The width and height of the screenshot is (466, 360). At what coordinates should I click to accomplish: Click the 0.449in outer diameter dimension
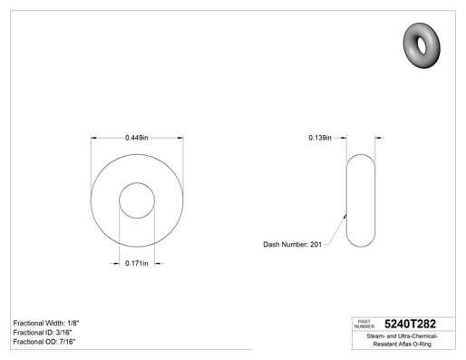point(137,138)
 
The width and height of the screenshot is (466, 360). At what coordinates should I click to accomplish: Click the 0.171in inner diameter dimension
point(137,263)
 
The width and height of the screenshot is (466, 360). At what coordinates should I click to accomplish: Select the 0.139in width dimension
point(320,138)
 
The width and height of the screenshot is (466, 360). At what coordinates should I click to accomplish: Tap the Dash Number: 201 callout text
point(292,244)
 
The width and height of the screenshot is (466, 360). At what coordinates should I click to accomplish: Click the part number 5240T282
point(410,324)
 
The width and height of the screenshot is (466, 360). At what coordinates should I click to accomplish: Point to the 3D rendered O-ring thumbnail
point(422,45)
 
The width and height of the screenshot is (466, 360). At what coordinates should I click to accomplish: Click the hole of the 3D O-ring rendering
point(422,45)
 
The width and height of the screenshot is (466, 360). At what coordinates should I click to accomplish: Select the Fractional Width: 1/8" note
point(46,323)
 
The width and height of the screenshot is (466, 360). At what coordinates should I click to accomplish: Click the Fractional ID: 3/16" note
point(43,333)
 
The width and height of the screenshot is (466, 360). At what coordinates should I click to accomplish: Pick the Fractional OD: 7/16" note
point(44,342)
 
